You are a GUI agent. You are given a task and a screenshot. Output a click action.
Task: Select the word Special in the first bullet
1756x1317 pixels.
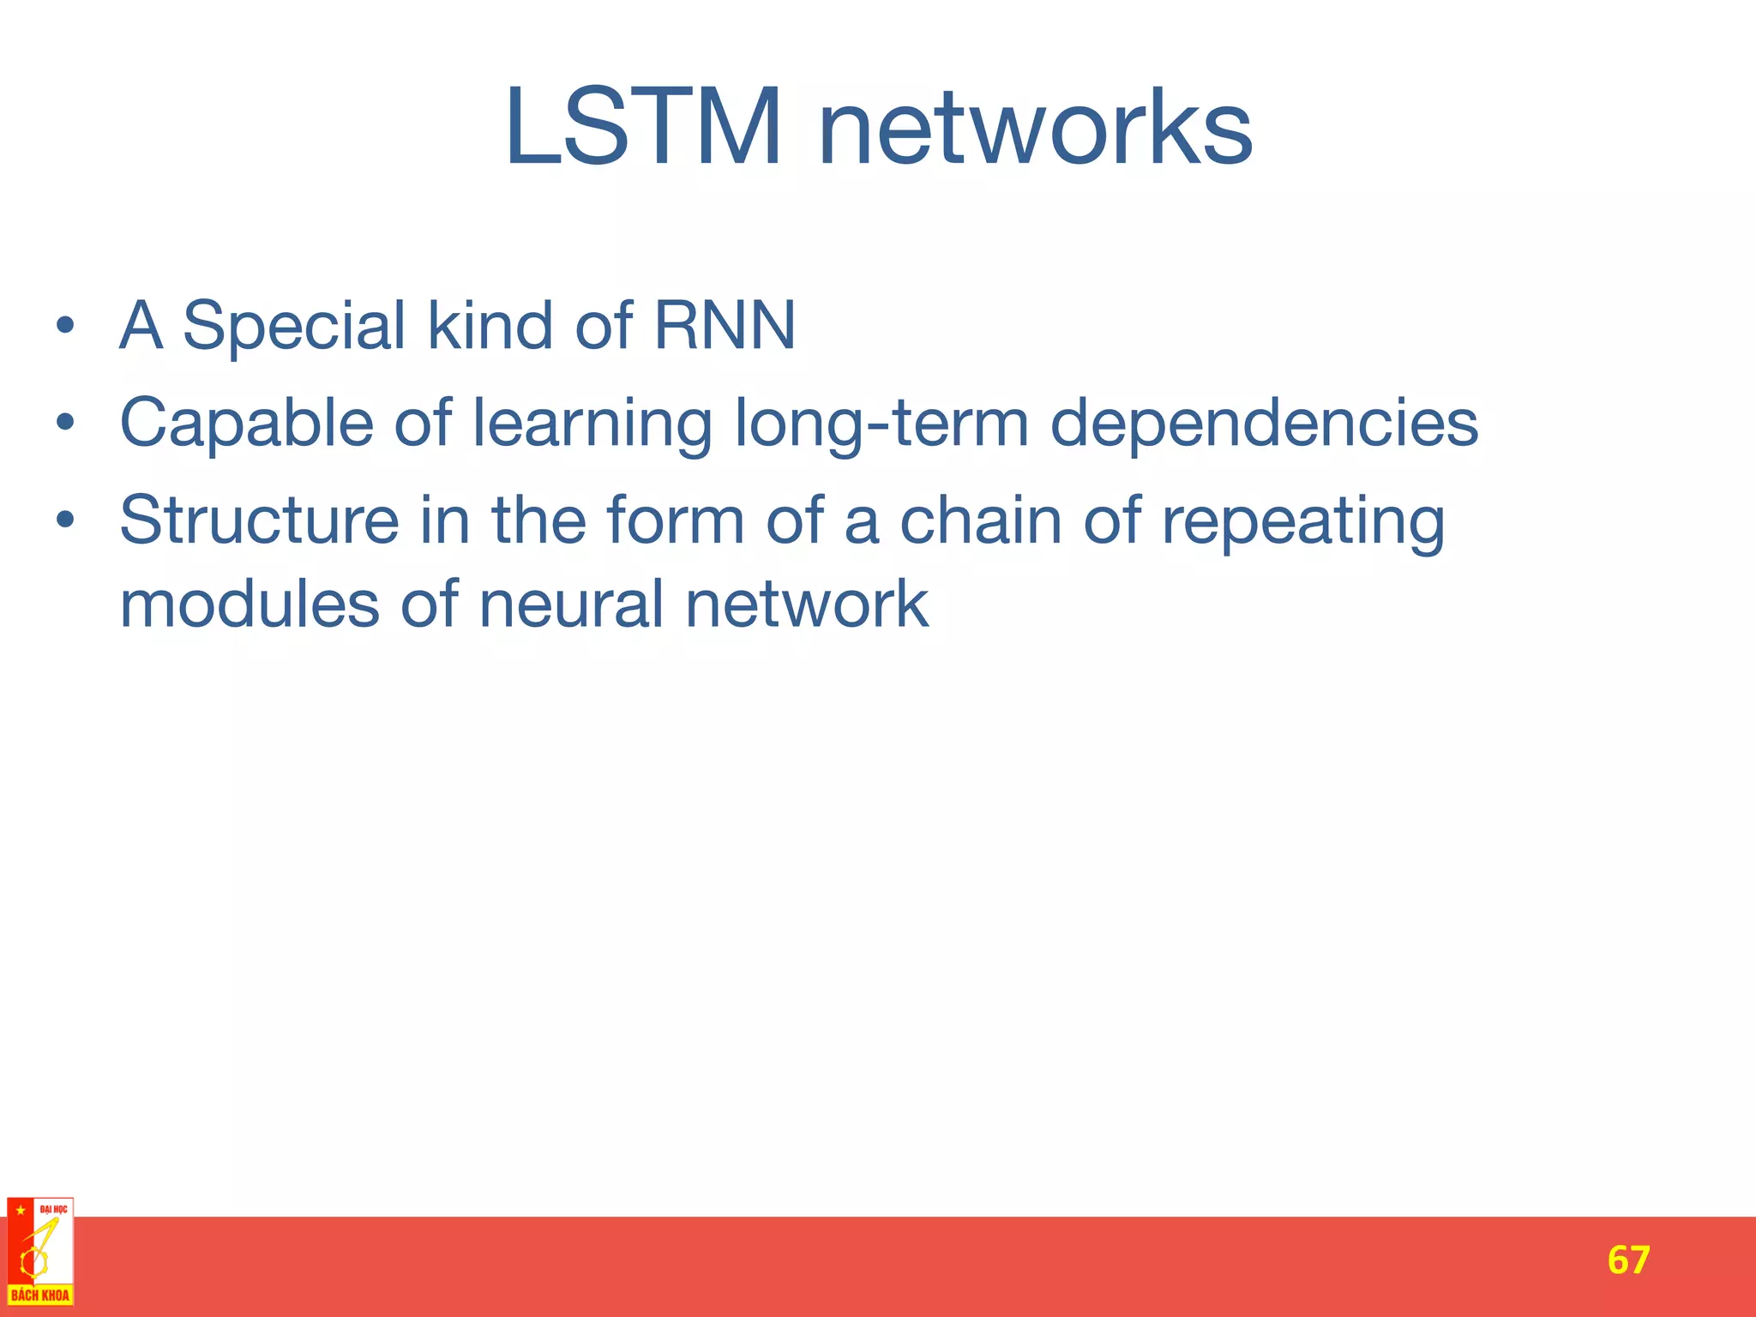[x=293, y=326]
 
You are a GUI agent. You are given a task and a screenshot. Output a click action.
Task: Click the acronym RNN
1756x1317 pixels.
[x=725, y=326]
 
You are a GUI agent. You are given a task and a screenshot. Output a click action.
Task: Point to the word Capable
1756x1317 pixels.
[x=247, y=423]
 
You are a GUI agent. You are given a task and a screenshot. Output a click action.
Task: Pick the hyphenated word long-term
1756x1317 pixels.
[x=881, y=424]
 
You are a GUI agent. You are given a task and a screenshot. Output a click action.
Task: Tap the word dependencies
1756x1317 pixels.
[x=1264, y=424]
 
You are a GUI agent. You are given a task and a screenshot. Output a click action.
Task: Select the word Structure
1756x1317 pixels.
[x=259, y=520]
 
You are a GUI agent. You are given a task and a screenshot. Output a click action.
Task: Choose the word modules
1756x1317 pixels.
[x=250, y=604]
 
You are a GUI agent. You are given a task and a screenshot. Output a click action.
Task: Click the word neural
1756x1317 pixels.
[x=571, y=604]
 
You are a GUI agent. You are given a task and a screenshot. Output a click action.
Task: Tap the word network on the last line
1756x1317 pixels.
[x=807, y=604]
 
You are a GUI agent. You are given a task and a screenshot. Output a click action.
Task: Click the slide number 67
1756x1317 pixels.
[x=1628, y=1260]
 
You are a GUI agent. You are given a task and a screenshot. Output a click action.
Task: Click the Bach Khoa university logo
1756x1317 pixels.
[x=39, y=1251]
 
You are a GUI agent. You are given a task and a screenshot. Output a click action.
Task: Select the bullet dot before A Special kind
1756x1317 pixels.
[x=66, y=328]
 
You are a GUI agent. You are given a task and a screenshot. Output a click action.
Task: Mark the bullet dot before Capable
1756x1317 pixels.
[x=66, y=424]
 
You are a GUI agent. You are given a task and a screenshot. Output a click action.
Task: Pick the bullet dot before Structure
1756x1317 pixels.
[x=66, y=521]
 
